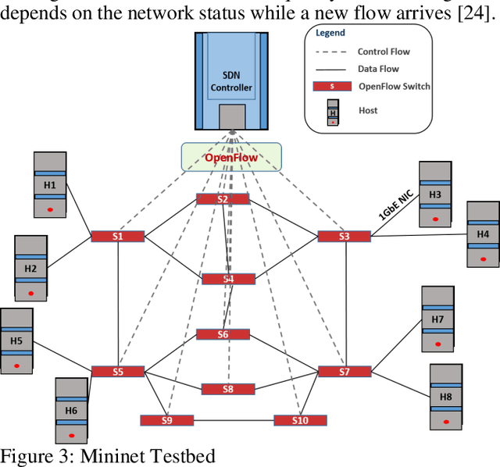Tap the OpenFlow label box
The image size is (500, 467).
pos(230,157)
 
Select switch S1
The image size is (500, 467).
pos(117,236)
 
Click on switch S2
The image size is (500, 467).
pos(223,199)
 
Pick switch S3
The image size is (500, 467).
pos(345,236)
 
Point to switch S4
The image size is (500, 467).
pos(228,279)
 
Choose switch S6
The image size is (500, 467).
pos(223,334)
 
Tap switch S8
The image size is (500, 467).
pos(227,388)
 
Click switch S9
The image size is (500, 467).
pos(166,420)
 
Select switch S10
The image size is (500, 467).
pos(300,420)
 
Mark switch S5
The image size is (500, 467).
pos(117,371)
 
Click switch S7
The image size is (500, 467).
pos(345,371)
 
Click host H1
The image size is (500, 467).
pos(50,185)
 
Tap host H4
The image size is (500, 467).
pos(483,234)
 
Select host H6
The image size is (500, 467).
pos(71,410)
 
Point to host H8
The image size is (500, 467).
pos(446,397)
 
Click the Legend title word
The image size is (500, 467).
pos(330,34)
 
